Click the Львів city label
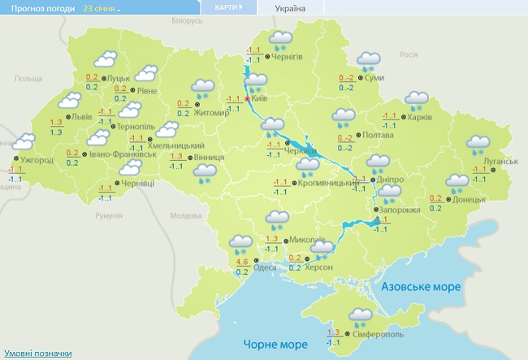point(82,117)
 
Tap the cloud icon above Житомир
point(202,86)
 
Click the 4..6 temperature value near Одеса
point(242,262)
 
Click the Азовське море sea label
point(421,287)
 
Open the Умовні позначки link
point(38,353)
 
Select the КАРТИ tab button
point(227,7)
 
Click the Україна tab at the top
point(291,8)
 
